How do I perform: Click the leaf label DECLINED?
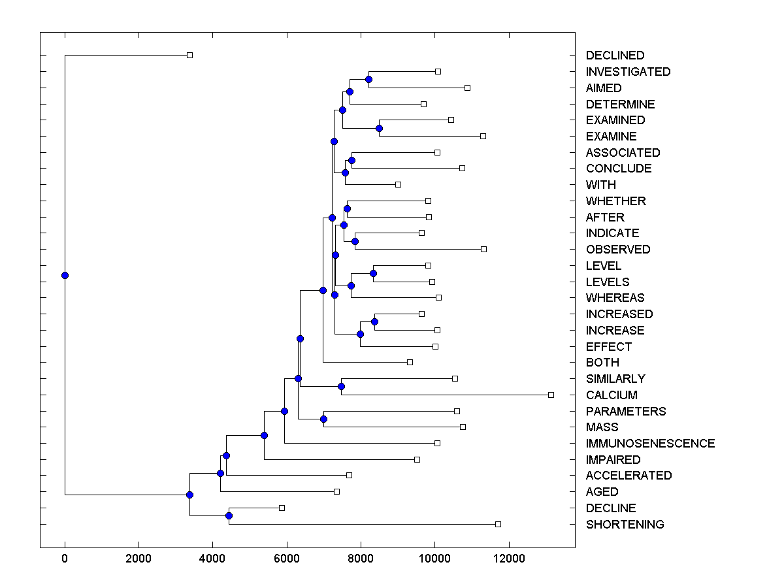pyautogui.click(x=615, y=56)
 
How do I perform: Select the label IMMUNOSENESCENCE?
pyautogui.click(x=650, y=444)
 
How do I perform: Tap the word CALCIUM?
pyautogui.click(x=612, y=395)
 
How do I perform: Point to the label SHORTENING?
pyautogui.click(x=625, y=525)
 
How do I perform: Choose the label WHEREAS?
pyautogui.click(x=615, y=298)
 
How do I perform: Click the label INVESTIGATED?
pyautogui.click(x=628, y=72)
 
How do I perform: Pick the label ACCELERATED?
pyautogui.click(x=629, y=476)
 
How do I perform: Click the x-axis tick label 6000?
pyautogui.click(x=286, y=557)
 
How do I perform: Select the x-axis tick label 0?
pyautogui.click(x=65, y=557)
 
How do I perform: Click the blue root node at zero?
pyautogui.click(x=65, y=275)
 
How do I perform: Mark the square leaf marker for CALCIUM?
pyautogui.click(x=551, y=395)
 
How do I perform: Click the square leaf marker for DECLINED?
pyautogui.click(x=189, y=55)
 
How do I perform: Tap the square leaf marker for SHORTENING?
pyautogui.click(x=498, y=524)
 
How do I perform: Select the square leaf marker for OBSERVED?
pyautogui.click(x=483, y=249)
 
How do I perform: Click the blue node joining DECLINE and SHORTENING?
pyautogui.click(x=229, y=515)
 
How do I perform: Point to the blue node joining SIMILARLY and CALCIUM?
pyautogui.click(x=341, y=386)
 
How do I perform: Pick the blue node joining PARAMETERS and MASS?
pyautogui.click(x=323, y=419)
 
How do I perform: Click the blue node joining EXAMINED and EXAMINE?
pyautogui.click(x=379, y=128)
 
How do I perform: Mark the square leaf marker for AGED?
pyautogui.click(x=336, y=491)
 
